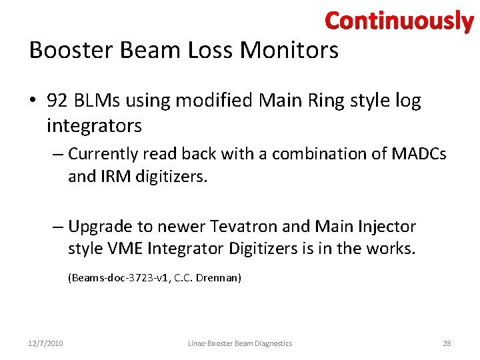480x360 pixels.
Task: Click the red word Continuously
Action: (x=399, y=22)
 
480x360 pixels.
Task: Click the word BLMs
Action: (x=95, y=101)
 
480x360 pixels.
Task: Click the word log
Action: (x=409, y=101)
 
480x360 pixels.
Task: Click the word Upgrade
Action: (x=101, y=227)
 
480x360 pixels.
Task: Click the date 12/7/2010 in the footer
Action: (x=47, y=343)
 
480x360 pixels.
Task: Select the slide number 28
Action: (x=447, y=343)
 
